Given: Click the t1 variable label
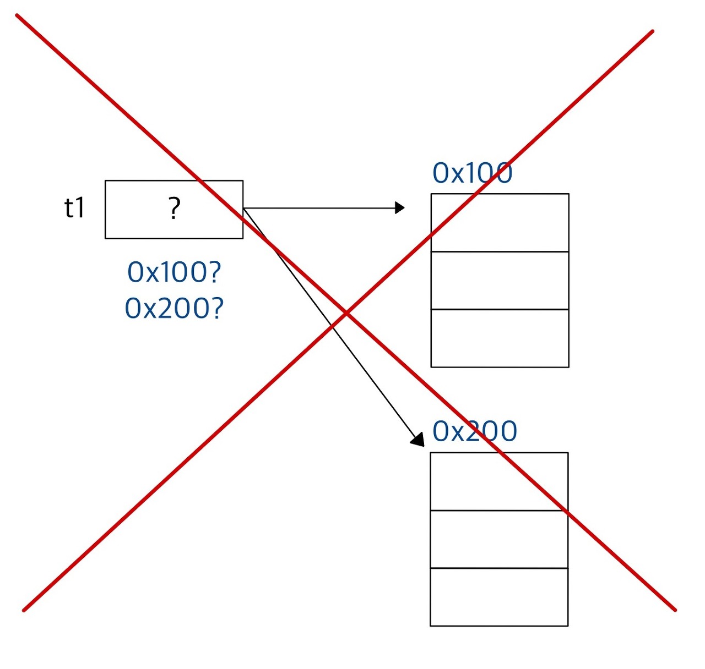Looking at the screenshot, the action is click(75, 208).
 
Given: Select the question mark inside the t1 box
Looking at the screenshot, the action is click(174, 209).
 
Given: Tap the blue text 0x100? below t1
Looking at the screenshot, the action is click(174, 272).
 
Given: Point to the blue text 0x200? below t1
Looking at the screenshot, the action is click(174, 308).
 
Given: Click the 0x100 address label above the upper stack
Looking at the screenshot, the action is click(473, 173).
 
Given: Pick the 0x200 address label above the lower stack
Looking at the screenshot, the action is click(475, 431).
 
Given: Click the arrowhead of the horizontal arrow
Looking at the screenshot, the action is click(400, 208).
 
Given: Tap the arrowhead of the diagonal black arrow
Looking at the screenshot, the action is click(418, 440).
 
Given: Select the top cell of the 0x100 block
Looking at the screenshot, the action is click(500, 223).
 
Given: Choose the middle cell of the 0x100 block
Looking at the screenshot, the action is click(500, 281).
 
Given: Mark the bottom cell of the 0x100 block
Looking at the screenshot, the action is click(500, 338).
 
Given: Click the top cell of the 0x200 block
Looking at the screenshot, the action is click(499, 481).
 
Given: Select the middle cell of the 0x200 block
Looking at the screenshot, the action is click(499, 539).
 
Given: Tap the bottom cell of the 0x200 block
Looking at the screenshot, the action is click(499, 597).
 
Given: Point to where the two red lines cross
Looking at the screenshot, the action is click(346, 313).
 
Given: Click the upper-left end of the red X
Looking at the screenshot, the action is click(18, 15).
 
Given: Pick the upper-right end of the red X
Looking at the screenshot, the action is click(652, 31).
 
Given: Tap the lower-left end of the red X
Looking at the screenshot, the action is click(24, 610).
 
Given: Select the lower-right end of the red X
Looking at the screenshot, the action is click(675, 610).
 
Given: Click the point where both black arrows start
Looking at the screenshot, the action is click(244, 209).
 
